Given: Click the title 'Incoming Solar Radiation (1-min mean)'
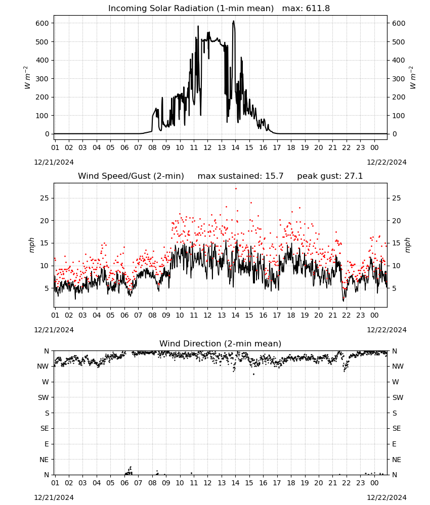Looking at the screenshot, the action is tap(191, 9).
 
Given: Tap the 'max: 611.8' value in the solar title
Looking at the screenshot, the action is tap(306, 9).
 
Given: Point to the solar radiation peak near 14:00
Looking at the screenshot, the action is tap(234, 21).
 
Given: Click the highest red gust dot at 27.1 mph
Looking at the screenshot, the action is tap(236, 189).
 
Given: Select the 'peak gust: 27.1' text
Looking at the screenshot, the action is tap(330, 176).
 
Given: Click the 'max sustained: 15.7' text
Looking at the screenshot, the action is tap(240, 176).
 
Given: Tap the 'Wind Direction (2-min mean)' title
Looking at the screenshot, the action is tap(221, 343).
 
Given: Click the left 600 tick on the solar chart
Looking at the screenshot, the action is tap(42, 23).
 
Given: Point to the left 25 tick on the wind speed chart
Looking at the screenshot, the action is tap(45, 198).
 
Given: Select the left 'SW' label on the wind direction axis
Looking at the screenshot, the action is tap(44, 397).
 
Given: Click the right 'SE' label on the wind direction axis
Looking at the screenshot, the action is tap(397, 428).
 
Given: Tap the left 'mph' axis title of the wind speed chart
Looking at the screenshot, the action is tap(31, 245).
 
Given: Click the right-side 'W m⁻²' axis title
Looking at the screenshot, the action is tap(413, 78).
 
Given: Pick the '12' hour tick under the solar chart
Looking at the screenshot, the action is tap(207, 147).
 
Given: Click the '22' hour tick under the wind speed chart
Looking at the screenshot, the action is tap(346, 315).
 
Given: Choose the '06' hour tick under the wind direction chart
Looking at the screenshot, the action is tap(124, 483).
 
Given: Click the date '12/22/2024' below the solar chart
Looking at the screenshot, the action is tap(386, 162).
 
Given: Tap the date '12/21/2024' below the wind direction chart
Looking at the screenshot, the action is tap(54, 497).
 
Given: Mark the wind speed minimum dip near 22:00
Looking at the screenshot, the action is tap(343, 300).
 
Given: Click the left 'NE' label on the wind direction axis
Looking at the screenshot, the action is tap(44, 460).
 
